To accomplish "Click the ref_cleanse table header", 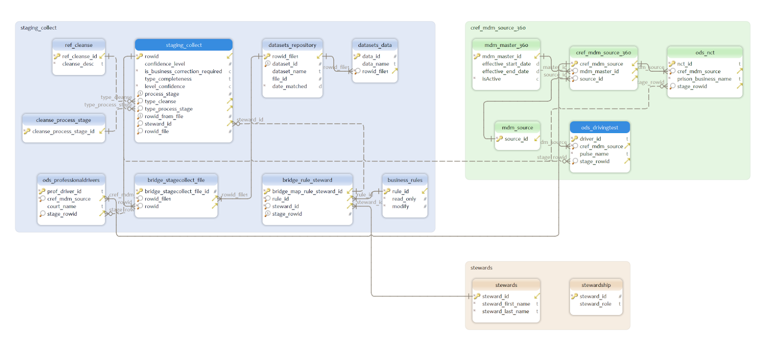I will pos(78,45).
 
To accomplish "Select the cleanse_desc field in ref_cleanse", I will pos(78,64).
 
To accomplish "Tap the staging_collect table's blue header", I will pos(184,45).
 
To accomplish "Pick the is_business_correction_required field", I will pos(183,71).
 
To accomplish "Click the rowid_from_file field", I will pos(164,116).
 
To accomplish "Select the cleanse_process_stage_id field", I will pos(63,131).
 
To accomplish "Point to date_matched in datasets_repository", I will pos(289,86).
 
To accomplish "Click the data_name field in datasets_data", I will pos(375,64).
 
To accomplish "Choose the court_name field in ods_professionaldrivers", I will pos(61,206).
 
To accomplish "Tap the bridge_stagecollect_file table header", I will pos(176,180).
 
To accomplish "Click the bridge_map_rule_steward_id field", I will pos(307,191).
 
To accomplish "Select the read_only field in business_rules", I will pos(404,199).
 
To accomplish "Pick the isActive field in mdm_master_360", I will pos(491,79).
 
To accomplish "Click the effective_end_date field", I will pos(505,71).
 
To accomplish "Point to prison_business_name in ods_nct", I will pos(704,79).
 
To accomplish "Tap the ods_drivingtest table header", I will pos(600,128).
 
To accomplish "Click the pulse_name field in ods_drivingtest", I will pos(594,154).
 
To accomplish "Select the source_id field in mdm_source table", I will pos(516,139).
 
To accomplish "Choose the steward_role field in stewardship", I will pos(595,304).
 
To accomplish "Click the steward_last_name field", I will pos(505,311).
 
